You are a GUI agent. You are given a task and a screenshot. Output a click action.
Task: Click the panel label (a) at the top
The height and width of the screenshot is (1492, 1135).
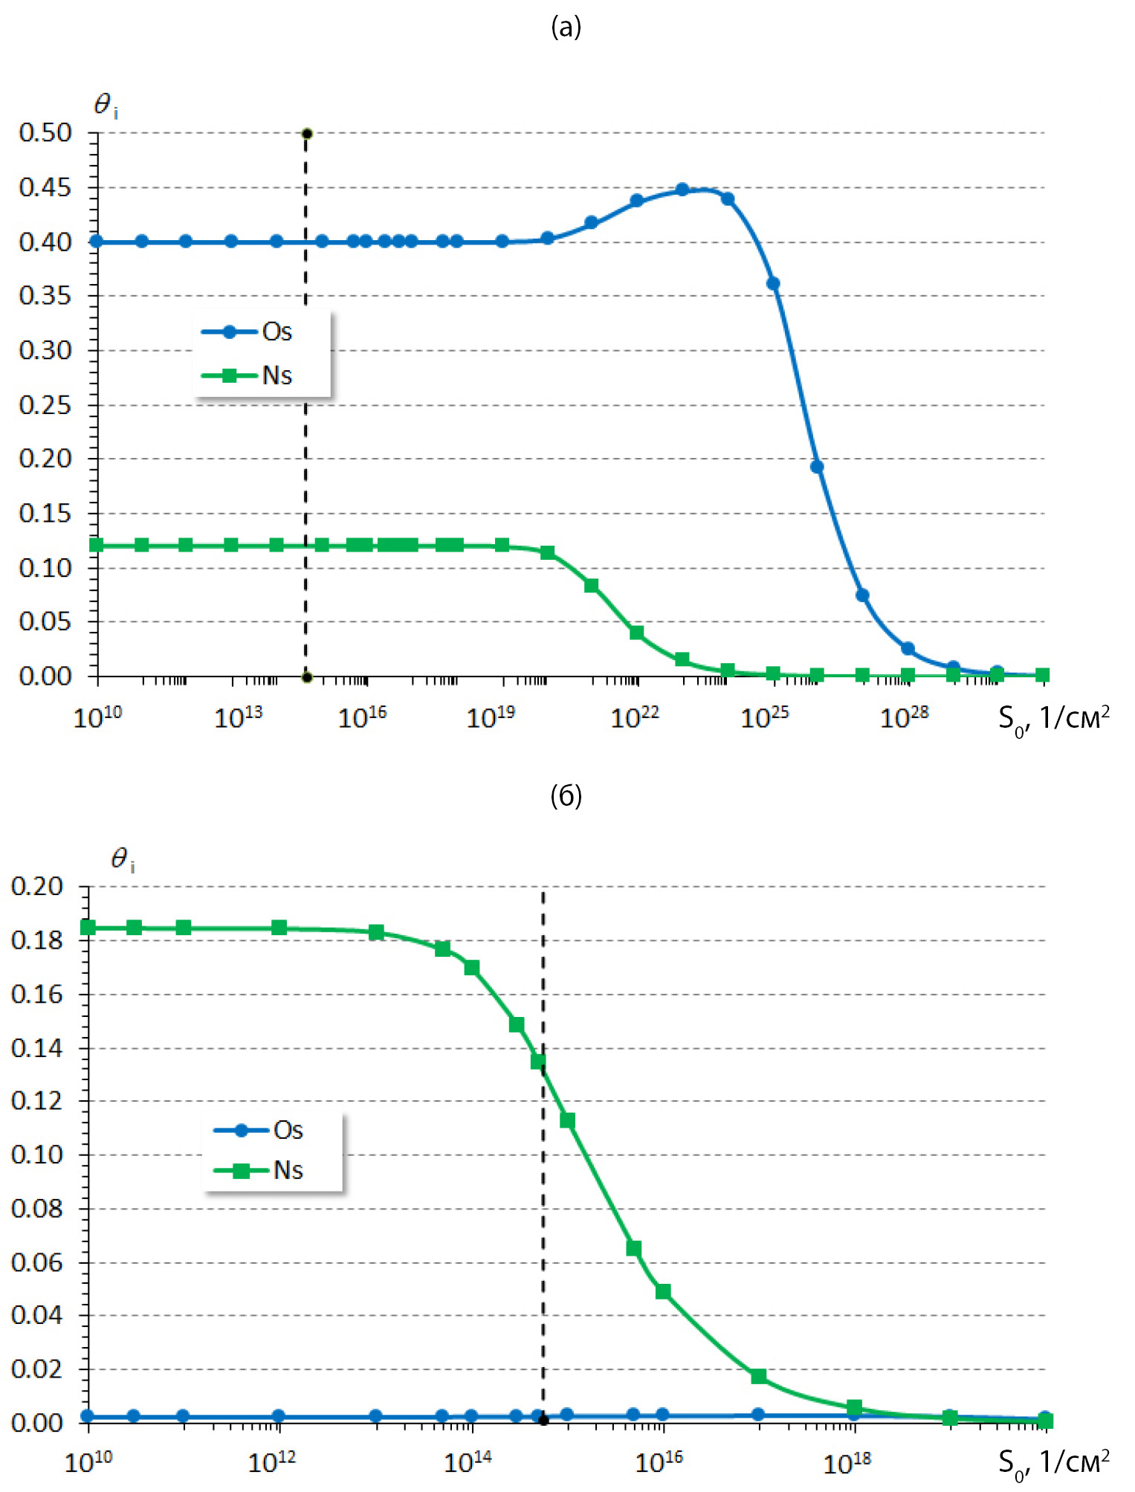point(566,28)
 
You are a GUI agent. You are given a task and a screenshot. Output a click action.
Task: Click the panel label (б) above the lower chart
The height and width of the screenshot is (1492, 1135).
point(566,796)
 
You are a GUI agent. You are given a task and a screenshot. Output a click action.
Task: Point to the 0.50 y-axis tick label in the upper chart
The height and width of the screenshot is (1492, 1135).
point(45,133)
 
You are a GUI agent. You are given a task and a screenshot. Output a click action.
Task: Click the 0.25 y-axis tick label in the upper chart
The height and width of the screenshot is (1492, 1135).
point(45,405)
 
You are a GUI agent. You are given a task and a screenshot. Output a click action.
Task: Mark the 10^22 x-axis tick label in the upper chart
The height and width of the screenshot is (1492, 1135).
point(634,717)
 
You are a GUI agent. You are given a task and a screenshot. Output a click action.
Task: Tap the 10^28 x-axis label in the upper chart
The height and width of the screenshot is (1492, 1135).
point(904,717)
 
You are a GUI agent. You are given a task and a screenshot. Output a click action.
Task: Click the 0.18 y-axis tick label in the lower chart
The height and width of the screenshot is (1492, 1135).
point(37,940)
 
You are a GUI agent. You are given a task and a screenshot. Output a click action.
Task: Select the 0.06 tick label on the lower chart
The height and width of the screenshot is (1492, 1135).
point(37,1262)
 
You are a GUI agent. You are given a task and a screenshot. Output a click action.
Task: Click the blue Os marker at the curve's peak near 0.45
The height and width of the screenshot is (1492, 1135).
point(682,190)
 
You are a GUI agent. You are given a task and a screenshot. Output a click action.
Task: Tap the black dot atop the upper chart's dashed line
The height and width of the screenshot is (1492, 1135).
point(306,134)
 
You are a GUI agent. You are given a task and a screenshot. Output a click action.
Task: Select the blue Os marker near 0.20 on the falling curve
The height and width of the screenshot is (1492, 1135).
point(817,467)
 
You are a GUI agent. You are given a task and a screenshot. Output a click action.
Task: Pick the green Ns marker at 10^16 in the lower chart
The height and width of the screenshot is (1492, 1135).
point(663,1292)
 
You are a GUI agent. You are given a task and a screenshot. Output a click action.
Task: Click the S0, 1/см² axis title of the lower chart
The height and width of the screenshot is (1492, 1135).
point(1053,1462)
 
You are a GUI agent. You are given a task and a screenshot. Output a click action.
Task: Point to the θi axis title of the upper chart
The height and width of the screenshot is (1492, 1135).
point(106,106)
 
